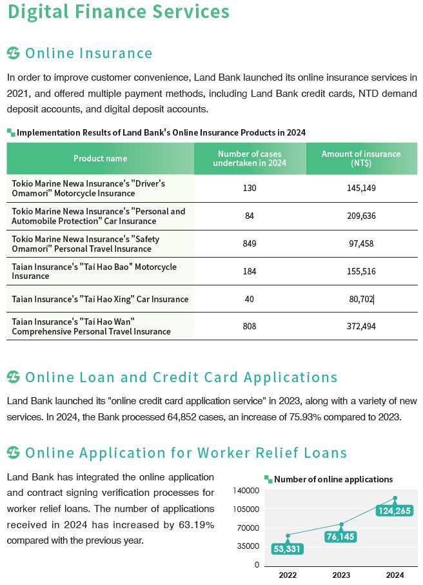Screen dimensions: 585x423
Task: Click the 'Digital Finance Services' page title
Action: coord(119,12)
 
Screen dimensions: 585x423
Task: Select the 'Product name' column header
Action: coord(100,158)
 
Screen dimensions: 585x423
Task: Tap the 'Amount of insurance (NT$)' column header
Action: coord(361,158)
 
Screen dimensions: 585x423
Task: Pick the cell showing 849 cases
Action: coord(250,243)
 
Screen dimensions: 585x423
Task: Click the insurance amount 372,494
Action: coord(361,326)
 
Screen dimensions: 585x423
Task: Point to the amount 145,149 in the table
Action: coord(361,188)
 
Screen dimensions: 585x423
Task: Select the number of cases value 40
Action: coord(250,299)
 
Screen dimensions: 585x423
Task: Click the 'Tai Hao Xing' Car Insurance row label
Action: coord(100,299)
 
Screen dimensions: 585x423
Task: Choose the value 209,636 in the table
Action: coord(361,216)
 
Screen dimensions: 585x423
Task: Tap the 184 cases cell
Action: coord(250,271)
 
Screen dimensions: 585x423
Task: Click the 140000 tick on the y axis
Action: coord(246,491)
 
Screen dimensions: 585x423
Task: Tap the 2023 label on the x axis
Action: coord(341,575)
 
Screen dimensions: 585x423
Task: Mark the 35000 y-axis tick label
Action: coord(248,546)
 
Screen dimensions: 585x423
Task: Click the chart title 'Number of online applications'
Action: coord(333,479)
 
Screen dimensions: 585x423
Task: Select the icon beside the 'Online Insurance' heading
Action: coord(14,53)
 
